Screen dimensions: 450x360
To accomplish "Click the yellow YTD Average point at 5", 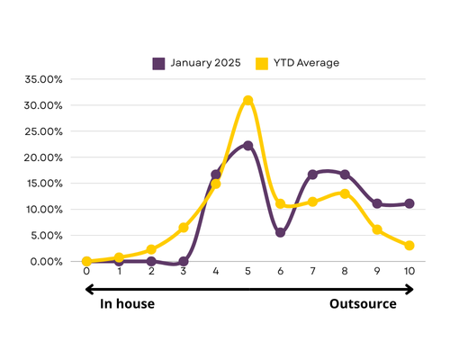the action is [247, 100].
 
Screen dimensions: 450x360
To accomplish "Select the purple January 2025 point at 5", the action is [247, 146].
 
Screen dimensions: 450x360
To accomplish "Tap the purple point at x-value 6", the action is [280, 232].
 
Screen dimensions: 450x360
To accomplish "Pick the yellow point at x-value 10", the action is [409, 246].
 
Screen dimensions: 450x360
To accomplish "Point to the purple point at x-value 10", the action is [409, 203].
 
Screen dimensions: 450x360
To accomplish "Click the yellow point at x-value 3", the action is [184, 228].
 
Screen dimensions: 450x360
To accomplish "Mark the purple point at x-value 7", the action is [312, 175].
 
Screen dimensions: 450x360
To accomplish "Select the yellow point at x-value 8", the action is [345, 193].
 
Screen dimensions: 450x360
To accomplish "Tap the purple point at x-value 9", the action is [377, 203].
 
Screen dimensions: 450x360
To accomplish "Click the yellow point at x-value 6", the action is [280, 204].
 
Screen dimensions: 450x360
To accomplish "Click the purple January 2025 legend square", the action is [158, 64].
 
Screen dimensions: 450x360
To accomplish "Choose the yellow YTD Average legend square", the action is [262, 64].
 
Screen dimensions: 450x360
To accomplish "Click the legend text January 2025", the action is [205, 63].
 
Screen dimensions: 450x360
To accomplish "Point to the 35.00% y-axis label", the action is [43, 79].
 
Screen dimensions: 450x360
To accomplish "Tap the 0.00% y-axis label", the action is [46, 262].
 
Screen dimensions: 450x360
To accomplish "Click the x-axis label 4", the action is [216, 271].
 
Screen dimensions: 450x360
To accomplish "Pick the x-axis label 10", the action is [409, 271].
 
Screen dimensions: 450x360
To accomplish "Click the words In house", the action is [127, 304].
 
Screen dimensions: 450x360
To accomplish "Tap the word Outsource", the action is [363, 304].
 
